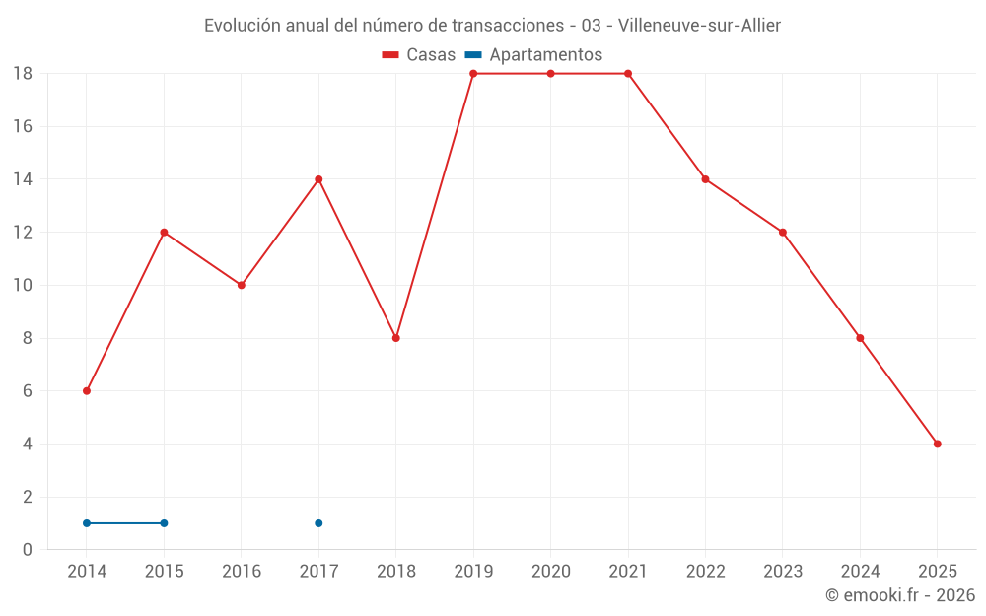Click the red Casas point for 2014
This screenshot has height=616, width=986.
(x=87, y=391)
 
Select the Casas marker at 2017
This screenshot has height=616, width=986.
(x=318, y=179)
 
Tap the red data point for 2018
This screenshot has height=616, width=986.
(x=395, y=338)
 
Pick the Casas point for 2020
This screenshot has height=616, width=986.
(x=550, y=74)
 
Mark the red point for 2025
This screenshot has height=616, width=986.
(x=937, y=444)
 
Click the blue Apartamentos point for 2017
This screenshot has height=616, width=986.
(x=318, y=523)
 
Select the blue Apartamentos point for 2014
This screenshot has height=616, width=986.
(x=87, y=523)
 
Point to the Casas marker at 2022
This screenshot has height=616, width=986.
(x=705, y=179)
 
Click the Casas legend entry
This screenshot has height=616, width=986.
(x=419, y=55)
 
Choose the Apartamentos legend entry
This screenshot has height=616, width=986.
(x=533, y=55)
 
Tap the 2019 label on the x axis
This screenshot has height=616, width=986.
(x=473, y=571)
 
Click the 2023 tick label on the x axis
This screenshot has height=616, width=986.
(x=782, y=571)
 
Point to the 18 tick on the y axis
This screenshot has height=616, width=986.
(x=23, y=74)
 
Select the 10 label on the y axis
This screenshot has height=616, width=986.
(x=23, y=285)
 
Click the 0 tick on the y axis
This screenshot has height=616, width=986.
(x=28, y=550)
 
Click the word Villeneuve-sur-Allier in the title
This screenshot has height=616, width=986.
(x=699, y=26)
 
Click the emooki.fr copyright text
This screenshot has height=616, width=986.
(x=900, y=595)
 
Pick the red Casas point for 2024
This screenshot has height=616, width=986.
(x=860, y=338)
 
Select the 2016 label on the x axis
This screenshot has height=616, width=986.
(x=242, y=571)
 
